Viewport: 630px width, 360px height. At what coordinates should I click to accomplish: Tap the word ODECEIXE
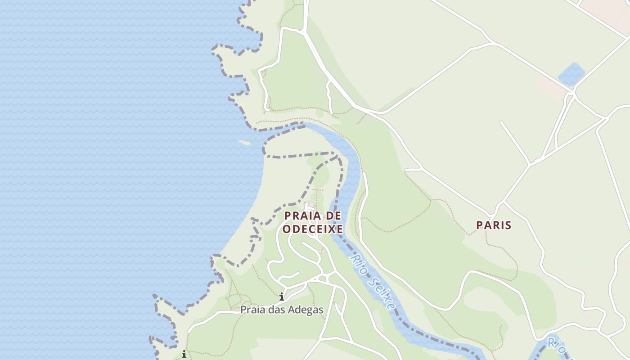[313, 229]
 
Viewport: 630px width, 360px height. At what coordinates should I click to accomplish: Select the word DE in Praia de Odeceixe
[333, 216]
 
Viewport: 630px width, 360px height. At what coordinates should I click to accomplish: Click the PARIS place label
[494, 225]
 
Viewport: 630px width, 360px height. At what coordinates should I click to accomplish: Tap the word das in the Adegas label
[276, 310]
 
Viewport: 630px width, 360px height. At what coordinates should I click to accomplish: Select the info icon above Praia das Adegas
[282, 297]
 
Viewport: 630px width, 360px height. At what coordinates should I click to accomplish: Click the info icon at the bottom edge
[184, 355]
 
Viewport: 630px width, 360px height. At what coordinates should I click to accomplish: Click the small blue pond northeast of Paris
[571, 74]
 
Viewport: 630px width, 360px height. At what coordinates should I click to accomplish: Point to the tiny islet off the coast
[244, 143]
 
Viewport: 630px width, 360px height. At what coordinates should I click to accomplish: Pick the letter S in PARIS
[508, 225]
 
